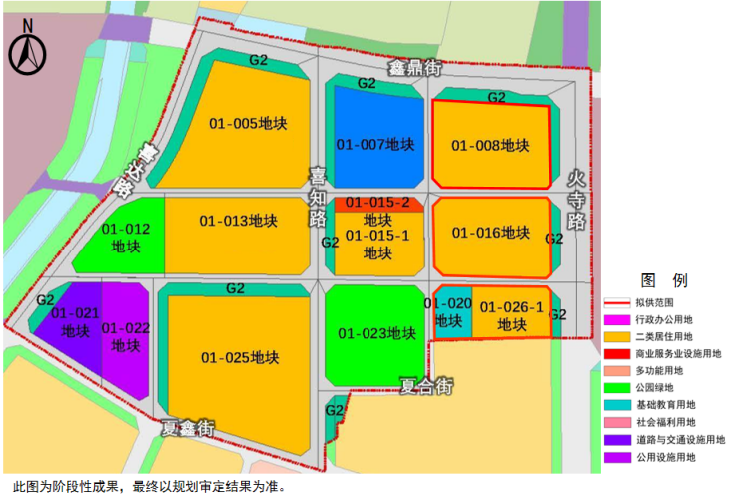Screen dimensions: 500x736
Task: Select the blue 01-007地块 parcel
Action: (373, 144)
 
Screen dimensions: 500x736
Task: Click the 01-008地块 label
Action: (490, 146)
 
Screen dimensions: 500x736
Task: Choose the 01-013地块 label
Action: (238, 221)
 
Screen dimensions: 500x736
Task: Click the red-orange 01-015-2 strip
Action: (378, 203)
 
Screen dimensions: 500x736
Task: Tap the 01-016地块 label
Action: (490, 233)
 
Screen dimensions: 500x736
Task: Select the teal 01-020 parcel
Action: (448, 313)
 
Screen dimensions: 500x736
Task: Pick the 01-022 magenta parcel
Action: (126, 336)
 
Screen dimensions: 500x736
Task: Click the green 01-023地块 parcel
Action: (376, 333)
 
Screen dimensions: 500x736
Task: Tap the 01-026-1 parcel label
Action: (512, 315)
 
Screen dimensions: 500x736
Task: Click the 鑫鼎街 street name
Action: (414, 69)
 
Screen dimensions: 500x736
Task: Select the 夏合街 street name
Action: (426, 384)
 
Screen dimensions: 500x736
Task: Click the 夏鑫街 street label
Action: (189, 429)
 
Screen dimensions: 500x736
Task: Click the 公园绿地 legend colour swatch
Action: (617, 388)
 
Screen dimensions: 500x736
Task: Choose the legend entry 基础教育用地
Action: (663, 405)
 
